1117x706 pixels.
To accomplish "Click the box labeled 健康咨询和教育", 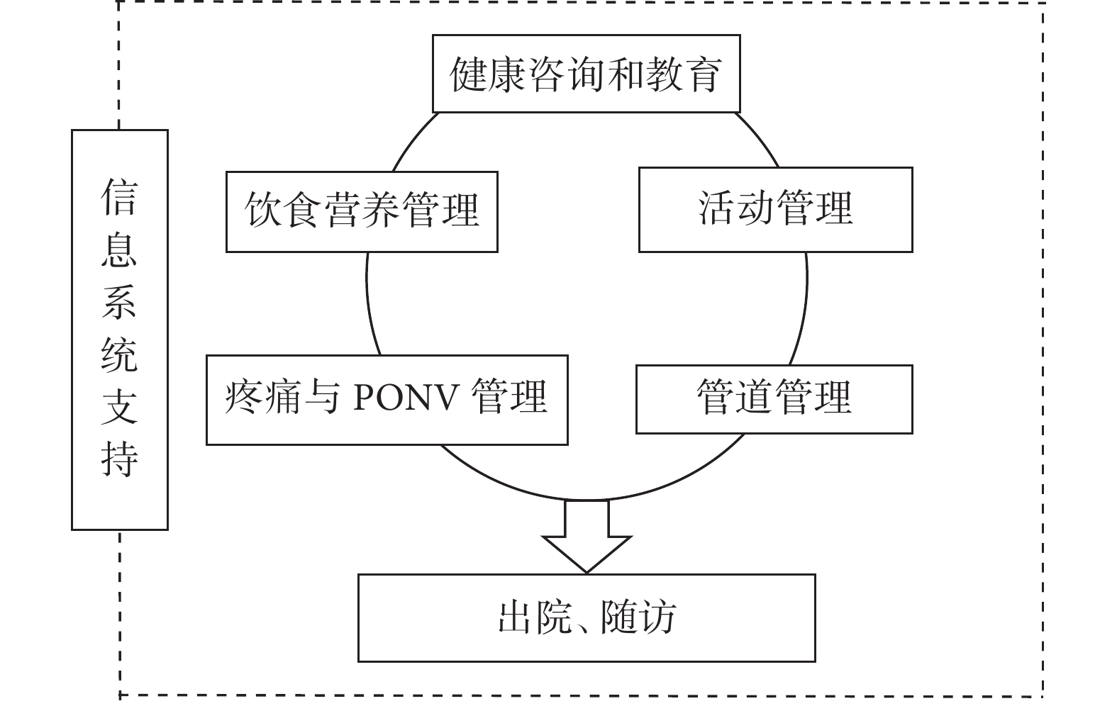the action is [x=586, y=74].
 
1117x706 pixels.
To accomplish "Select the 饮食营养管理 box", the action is [x=362, y=212].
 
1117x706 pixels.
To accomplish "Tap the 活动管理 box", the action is [x=776, y=210].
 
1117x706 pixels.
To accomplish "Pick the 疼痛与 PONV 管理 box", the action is [x=387, y=400].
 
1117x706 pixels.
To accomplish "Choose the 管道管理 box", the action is [x=774, y=399].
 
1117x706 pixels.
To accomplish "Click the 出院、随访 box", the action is [x=587, y=618].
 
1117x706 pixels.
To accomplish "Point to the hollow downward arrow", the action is [x=587, y=536].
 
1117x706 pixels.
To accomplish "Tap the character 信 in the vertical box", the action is [x=119, y=197].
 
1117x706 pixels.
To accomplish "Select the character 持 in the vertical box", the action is [x=119, y=459].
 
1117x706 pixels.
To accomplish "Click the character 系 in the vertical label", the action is [x=119, y=302].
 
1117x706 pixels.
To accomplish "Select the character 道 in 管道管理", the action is [x=755, y=397].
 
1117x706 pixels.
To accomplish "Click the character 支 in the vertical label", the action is [x=119, y=407].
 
